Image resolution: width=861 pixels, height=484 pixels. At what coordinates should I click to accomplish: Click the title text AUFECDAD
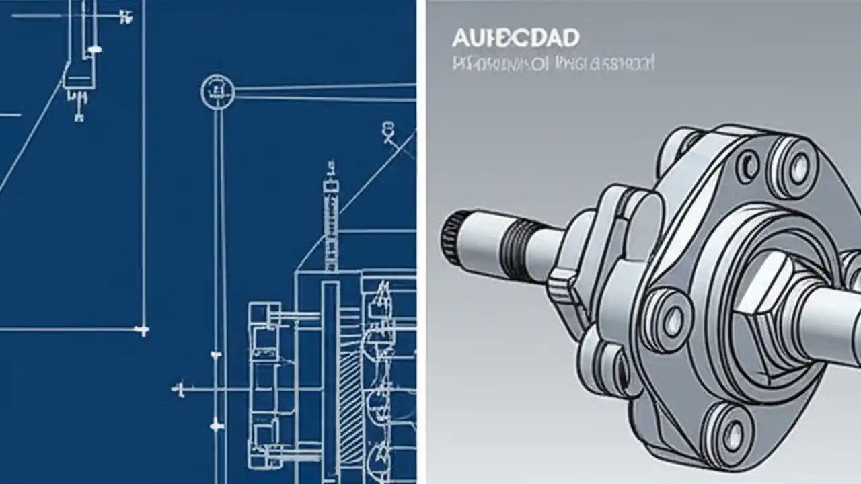coord(515,38)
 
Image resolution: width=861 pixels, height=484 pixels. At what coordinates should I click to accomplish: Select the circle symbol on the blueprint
coord(217,91)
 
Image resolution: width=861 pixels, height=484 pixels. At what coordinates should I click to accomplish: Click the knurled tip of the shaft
coord(451,237)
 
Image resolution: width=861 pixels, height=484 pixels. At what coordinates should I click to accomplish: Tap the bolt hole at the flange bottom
coord(730,430)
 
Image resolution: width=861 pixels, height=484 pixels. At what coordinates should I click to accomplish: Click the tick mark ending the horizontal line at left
coord(141,330)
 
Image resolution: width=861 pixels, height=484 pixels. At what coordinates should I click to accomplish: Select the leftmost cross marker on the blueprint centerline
coord(178,388)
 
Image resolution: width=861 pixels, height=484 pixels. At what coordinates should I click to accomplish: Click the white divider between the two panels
coord(421,242)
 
